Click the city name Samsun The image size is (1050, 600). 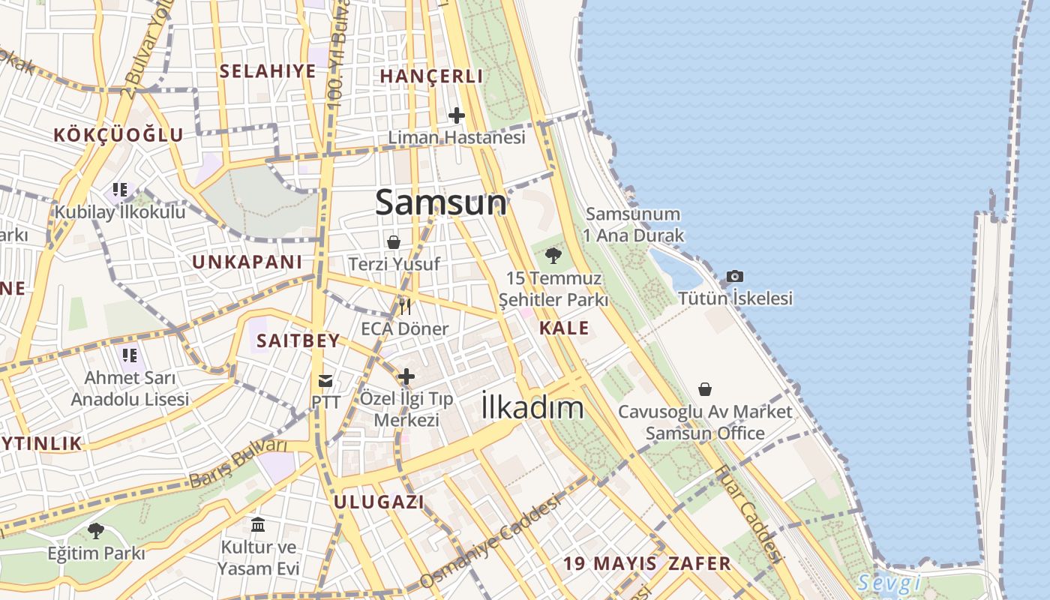coord(441,202)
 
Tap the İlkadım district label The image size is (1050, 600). coord(532,407)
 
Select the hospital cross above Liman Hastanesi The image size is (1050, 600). coord(457,115)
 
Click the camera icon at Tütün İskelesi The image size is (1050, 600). coord(735,277)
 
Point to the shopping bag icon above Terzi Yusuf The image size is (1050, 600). coord(394,242)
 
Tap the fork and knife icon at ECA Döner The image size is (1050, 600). coord(405,306)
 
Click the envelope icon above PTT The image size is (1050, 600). coord(325,381)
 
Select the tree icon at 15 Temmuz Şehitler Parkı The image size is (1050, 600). coord(553,256)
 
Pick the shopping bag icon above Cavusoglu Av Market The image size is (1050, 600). coord(705,389)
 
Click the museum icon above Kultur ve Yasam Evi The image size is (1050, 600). coord(259,524)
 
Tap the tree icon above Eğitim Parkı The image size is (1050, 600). coord(96,531)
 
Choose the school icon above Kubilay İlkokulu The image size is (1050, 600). coord(120,190)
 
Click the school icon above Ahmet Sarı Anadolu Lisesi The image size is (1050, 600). coord(129,355)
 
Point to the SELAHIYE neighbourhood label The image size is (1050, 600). coord(268,71)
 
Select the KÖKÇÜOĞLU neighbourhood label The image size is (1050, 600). coord(118,135)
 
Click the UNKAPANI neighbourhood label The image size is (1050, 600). coord(247,262)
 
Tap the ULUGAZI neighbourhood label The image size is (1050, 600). coord(379,502)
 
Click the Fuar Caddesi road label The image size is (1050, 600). coord(748,513)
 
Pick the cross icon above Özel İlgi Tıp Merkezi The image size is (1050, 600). coord(406,376)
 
